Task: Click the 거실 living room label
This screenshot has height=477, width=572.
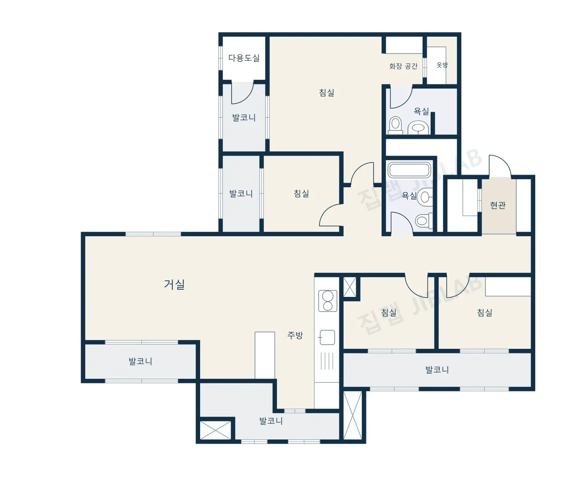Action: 174,285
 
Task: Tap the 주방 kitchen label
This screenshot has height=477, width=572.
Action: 295,335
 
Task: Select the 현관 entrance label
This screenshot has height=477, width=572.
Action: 498,205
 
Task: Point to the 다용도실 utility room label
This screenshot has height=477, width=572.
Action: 244,58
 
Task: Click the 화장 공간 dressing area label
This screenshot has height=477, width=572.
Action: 403,66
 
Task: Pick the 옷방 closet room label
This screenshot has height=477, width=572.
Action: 442,65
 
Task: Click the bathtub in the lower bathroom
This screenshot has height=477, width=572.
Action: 409,170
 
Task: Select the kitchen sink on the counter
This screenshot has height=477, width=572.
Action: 327,337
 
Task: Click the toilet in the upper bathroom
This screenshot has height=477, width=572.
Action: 395,125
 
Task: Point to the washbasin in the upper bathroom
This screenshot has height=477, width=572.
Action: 418,127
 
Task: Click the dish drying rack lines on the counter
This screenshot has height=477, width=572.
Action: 327,361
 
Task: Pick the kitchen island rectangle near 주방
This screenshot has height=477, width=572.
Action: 265,355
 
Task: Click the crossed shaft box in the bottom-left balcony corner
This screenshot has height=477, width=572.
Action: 216,430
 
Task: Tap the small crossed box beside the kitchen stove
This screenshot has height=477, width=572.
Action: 350,287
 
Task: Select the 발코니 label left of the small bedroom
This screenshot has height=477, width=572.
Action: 241,194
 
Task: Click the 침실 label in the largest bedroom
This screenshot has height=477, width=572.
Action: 327,92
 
